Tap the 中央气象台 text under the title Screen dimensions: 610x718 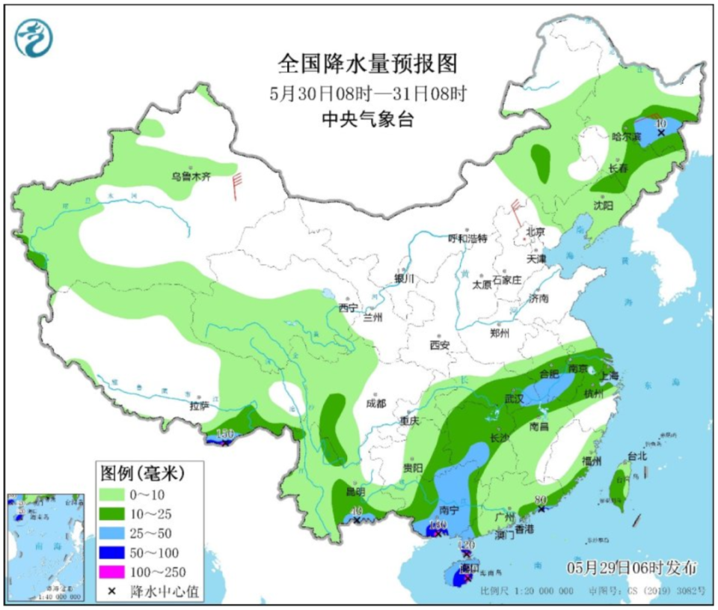tap(367, 119)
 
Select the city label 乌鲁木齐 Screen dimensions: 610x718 tap(191, 177)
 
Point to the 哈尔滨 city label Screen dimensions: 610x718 tap(627, 137)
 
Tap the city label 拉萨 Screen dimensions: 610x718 tap(199, 406)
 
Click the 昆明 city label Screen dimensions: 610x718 tap(356, 492)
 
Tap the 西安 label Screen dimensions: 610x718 tap(439, 345)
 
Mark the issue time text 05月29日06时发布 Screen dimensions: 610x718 tap(633, 565)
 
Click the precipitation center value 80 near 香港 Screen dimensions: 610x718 tap(541, 500)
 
